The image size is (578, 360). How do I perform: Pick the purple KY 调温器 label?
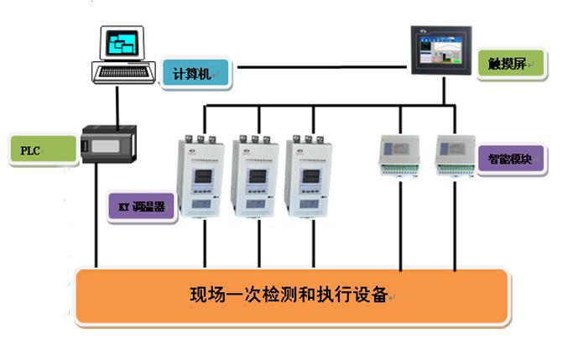click(x=142, y=206)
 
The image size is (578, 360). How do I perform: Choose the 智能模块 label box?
click(x=511, y=159)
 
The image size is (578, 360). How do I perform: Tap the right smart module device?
click(x=455, y=154)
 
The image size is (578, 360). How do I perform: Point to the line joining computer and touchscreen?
click(x=319, y=65)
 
